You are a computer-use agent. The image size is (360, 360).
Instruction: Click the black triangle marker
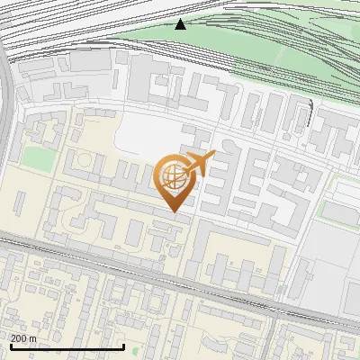click(x=181, y=24)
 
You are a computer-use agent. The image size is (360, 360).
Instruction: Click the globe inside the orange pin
click(x=173, y=179)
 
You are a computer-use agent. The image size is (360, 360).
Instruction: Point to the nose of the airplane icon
click(x=214, y=156)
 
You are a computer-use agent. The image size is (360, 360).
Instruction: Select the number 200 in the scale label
click(x=19, y=338)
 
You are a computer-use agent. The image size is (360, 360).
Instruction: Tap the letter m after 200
click(x=33, y=339)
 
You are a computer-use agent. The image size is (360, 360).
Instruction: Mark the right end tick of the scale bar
click(x=123, y=345)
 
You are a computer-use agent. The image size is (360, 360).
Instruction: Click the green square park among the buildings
click(x=38, y=157)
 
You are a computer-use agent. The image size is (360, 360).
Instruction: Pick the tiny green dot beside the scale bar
click(x=134, y=350)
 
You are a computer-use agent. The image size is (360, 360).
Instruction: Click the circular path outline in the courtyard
click(x=83, y=162)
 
